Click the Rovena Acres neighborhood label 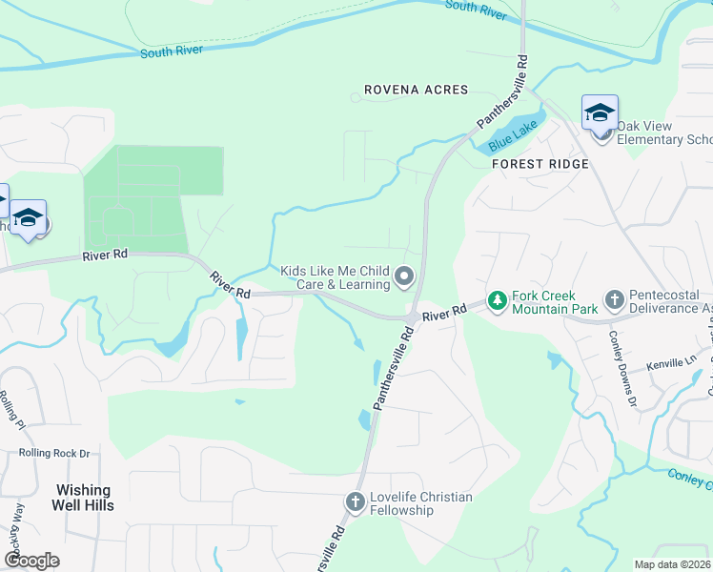pyautogui.click(x=416, y=90)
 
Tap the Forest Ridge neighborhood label pyautogui.click(x=540, y=164)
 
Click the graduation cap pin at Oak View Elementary pyautogui.click(x=600, y=113)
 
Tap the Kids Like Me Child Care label pyautogui.click(x=336, y=277)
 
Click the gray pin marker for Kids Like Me pyautogui.click(x=404, y=277)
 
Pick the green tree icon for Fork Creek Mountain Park pyautogui.click(x=497, y=301)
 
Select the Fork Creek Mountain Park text pyautogui.click(x=555, y=302)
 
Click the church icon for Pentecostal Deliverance pyautogui.click(x=615, y=301)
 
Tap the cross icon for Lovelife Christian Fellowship pyautogui.click(x=356, y=502)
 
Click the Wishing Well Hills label pyautogui.click(x=84, y=498)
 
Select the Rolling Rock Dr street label pyautogui.click(x=53, y=454)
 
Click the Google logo pyautogui.click(x=31, y=560)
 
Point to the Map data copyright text pyautogui.click(x=671, y=564)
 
